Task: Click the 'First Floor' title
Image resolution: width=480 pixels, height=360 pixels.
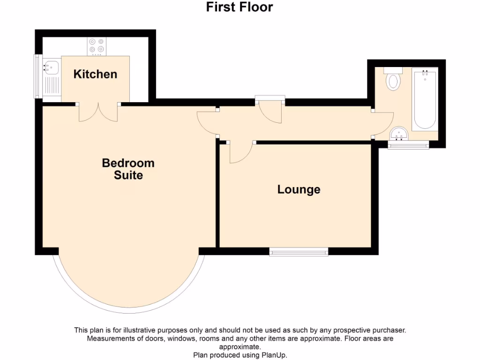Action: point(240,7)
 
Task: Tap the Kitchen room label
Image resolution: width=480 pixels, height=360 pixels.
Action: point(95,74)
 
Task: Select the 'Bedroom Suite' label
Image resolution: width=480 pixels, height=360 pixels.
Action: point(128,169)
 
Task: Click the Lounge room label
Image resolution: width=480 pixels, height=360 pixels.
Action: point(299,189)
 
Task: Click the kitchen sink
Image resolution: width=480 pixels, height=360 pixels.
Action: point(51,68)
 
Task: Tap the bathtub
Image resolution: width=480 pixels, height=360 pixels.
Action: point(425,98)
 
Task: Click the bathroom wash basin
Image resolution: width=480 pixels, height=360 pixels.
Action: point(399,134)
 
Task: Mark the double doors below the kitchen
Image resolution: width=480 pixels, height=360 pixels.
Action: point(99,112)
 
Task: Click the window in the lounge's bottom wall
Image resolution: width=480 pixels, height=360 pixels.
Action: point(299,252)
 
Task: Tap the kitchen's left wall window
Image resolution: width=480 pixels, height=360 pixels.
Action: point(36,77)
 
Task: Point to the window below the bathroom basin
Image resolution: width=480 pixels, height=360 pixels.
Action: point(408,145)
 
